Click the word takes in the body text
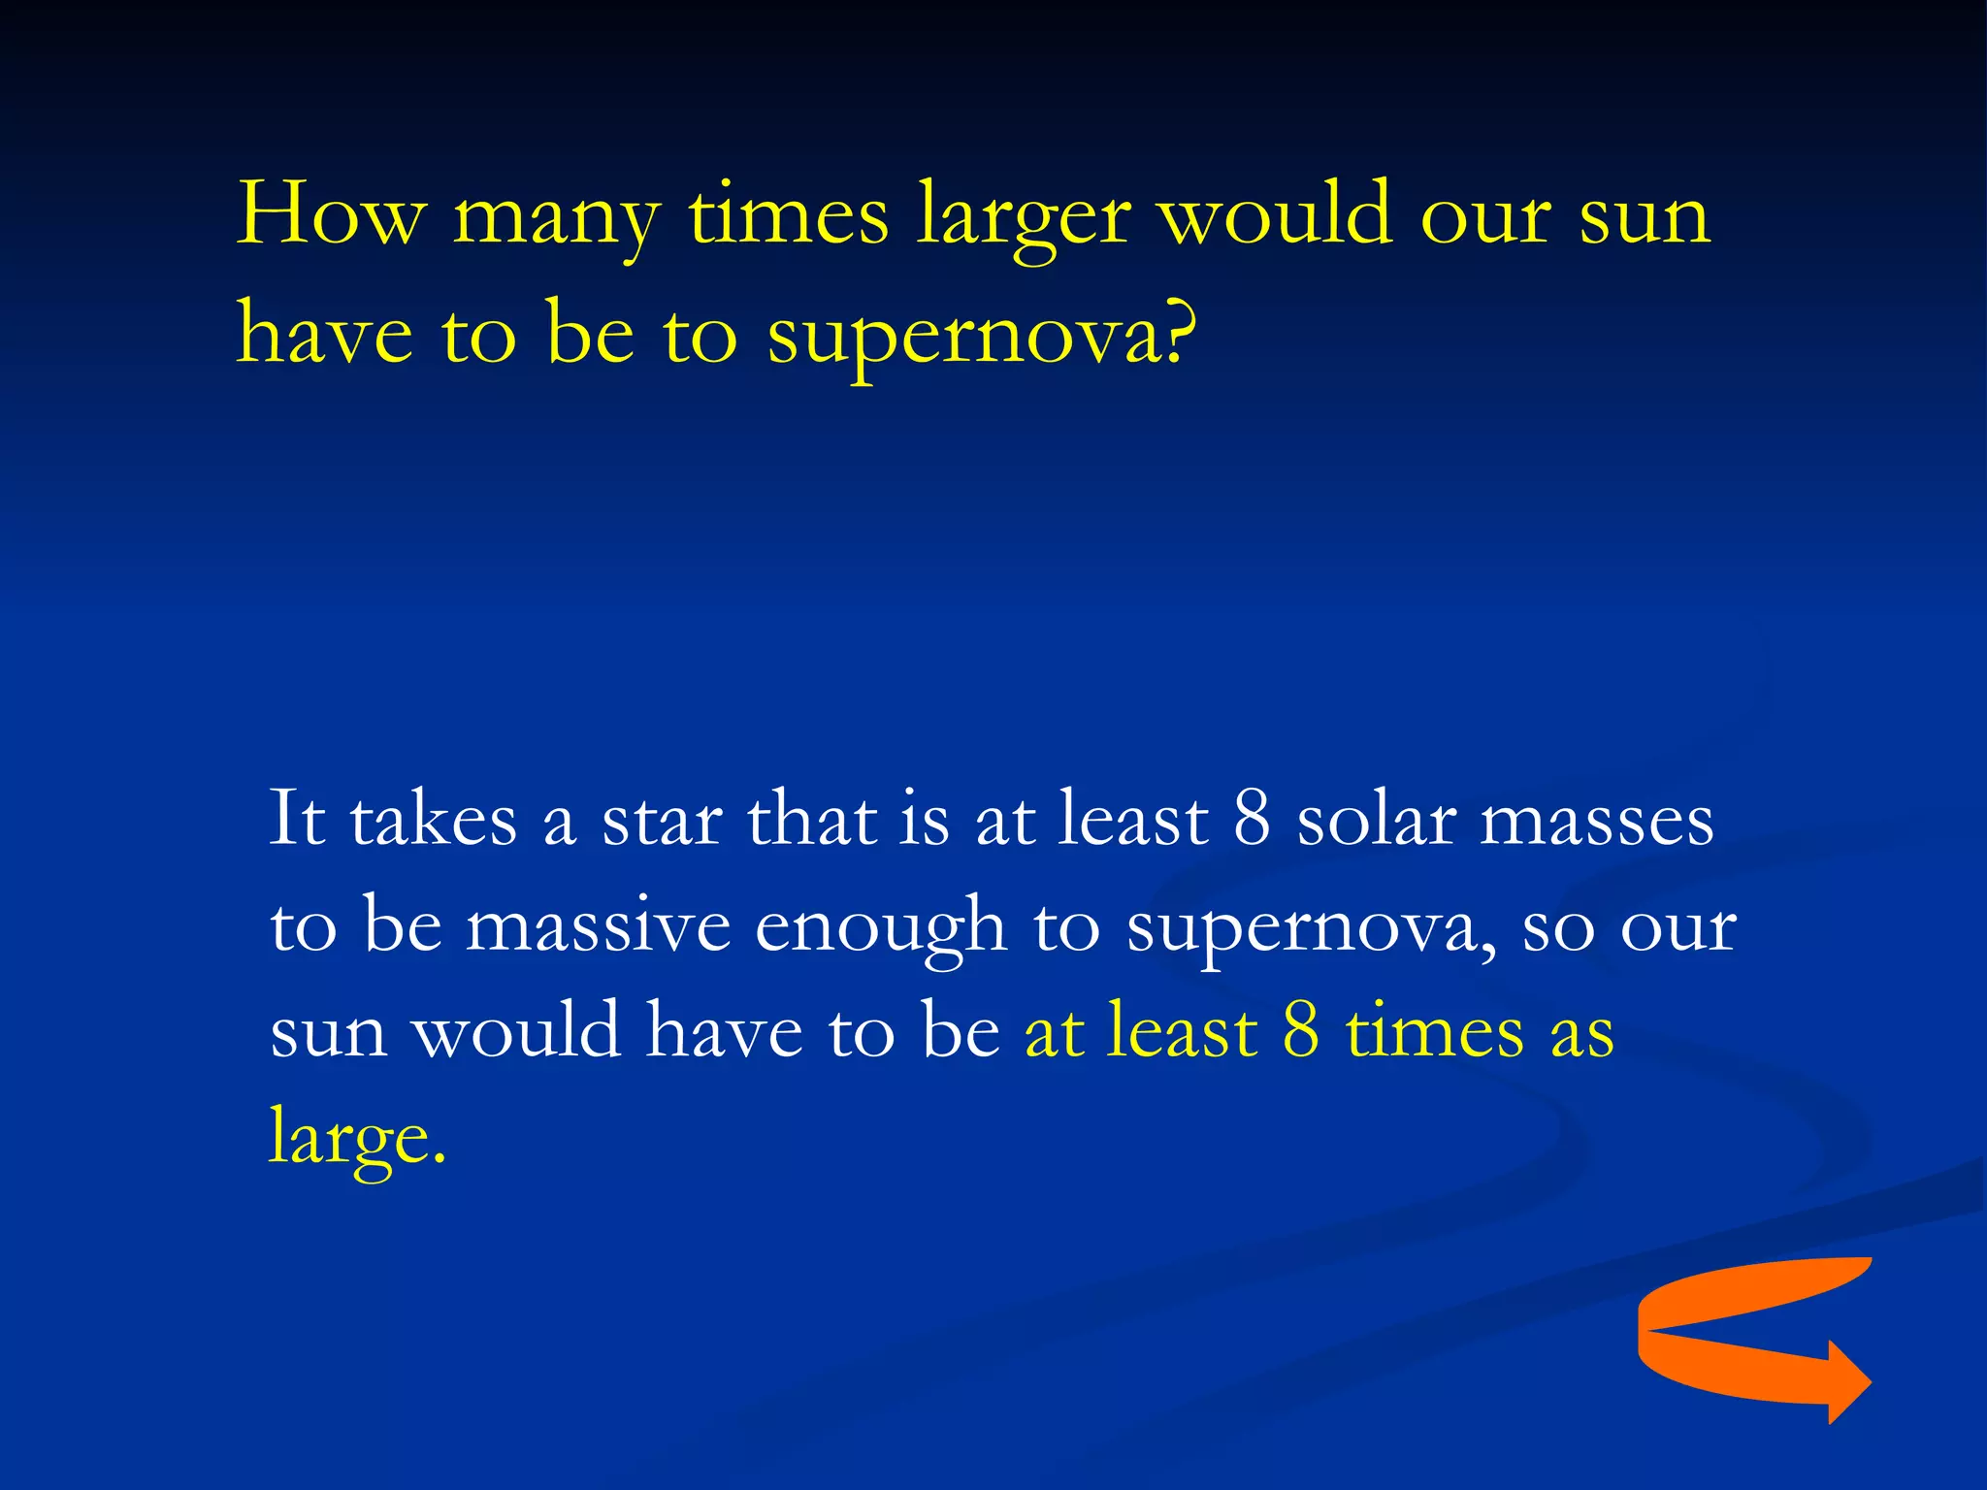point(433,820)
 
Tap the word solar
point(1377,820)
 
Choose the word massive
point(598,926)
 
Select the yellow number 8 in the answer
point(1301,1030)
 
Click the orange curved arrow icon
point(1737,1334)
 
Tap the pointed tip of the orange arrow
point(1868,1382)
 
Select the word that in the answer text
point(812,820)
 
